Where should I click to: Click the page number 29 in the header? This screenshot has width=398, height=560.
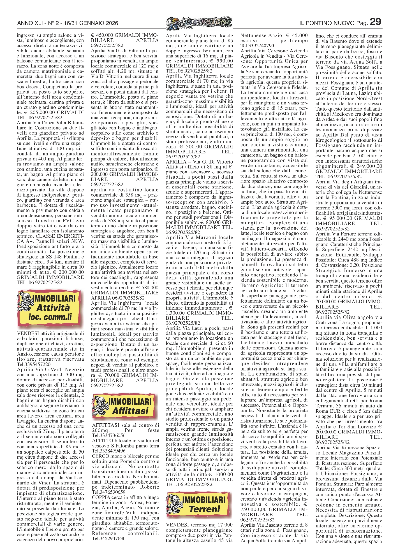(x=375, y=22)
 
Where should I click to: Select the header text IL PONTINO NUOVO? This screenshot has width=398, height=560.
(x=327, y=23)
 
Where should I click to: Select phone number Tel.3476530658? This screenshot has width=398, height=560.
(x=109, y=492)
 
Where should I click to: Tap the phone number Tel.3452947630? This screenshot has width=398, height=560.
(x=109, y=538)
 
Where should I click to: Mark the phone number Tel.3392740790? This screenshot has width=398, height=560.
(x=257, y=46)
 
